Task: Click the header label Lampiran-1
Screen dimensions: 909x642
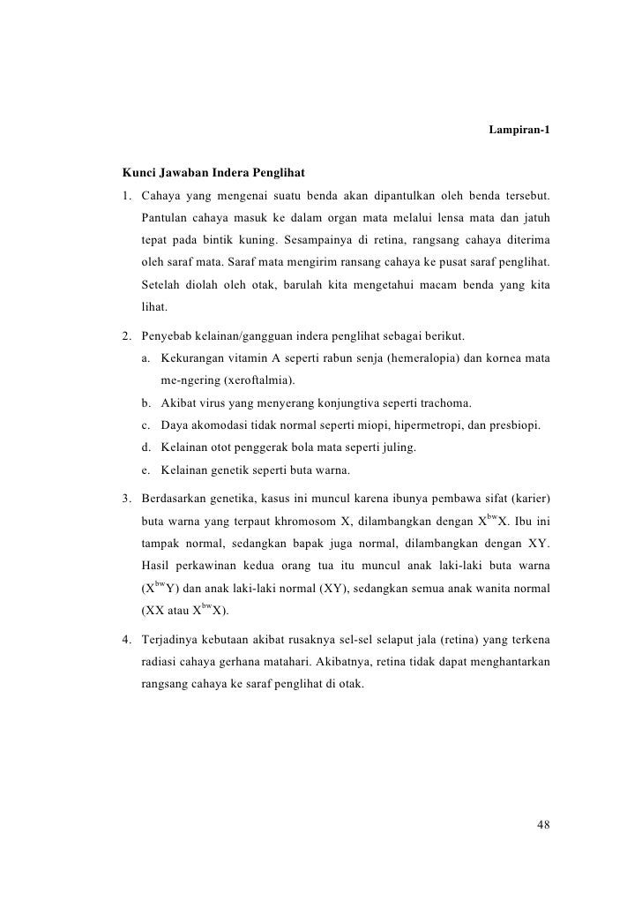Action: tap(519, 131)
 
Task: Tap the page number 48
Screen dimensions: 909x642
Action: tap(543, 825)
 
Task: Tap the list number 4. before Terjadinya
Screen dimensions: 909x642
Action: tap(127, 637)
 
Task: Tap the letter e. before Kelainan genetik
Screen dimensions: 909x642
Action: tap(144, 470)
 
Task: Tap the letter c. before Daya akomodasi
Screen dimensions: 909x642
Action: tap(144, 425)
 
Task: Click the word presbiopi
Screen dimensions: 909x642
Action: tap(514, 425)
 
